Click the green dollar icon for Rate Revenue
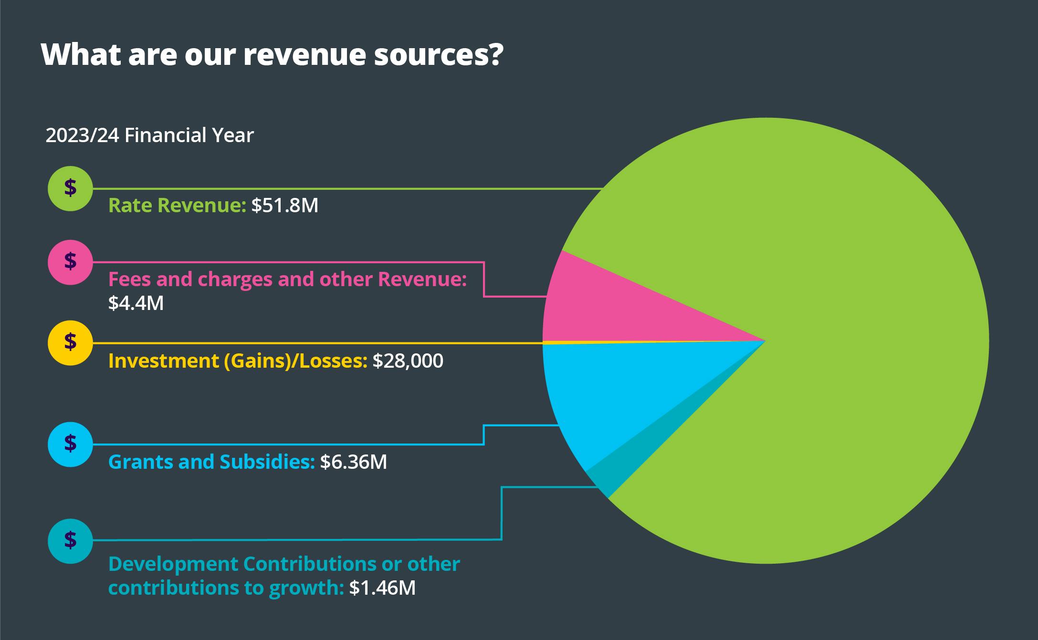pyautogui.click(x=70, y=188)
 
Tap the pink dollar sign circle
pyautogui.click(x=70, y=262)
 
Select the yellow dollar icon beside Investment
pyautogui.click(x=70, y=342)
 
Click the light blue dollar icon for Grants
pyautogui.click(x=70, y=444)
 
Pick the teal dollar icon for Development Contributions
pyautogui.click(x=70, y=540)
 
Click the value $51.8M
pyautogui.click(x=284, y=206)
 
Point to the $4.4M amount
pyautogui.click(x=136, y=303)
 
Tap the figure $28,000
pyautogui.click(x=408, y=361)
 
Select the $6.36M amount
pyautogui.click(x=353, y=462)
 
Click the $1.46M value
pyautogui.click(x=382, y=588)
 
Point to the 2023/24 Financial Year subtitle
pyautogui.click(x=149, y=135)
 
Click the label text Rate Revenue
pyautogui.click(x=177, y=206)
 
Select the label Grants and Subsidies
pyautogui.click(x=211, y=462)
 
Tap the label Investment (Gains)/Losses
pyautogui.click(x=238, y=361)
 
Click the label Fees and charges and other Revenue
pyautogui.click(x=287, y=279)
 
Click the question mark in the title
pyautogui.click(x=495, y=55)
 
